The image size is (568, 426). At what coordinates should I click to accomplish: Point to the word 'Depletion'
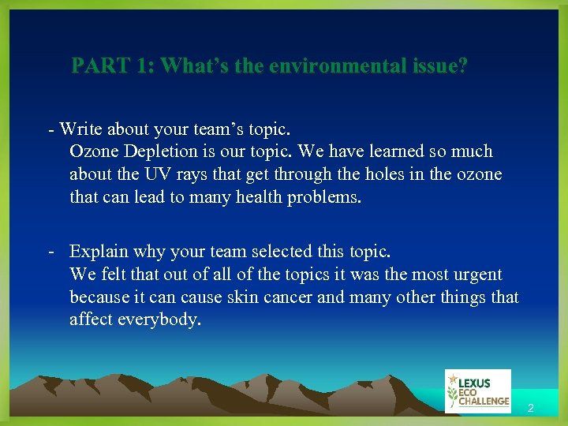pos(156,151)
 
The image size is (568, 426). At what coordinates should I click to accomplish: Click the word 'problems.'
pos(323,196)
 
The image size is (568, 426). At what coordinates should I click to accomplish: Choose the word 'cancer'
pos(291,297)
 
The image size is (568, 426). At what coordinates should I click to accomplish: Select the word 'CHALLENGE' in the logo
pos(484,402)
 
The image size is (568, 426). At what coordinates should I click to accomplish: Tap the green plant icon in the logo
pos(452,391)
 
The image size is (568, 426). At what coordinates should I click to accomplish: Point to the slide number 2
pos(531,409)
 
